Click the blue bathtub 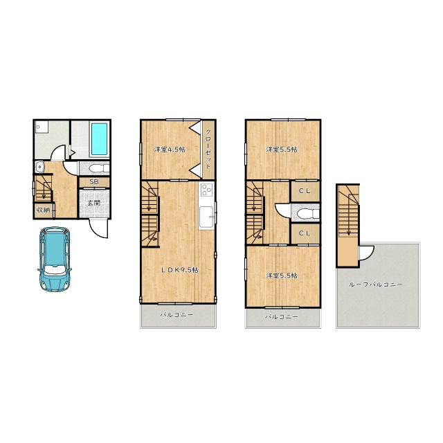tap(100, 138)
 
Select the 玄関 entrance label tap(93, 203)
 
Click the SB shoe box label tap(94, 181)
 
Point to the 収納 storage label tap(43, 210)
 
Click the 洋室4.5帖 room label tap(170, 150)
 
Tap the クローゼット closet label tap(208, 149)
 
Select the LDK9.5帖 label tap(180, 270)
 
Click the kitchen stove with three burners tap(207, 190)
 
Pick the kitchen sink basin tap(206, 217)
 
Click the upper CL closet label tap(305, 191)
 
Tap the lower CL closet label tap(305, 233)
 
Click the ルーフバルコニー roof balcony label tap(375, 284)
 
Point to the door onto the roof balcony tap(367, 253)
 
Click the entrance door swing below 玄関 tap(98, 228)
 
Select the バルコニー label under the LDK tap(177, 314)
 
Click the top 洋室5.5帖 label tap(282, 150)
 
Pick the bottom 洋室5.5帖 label tap(282, 275)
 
